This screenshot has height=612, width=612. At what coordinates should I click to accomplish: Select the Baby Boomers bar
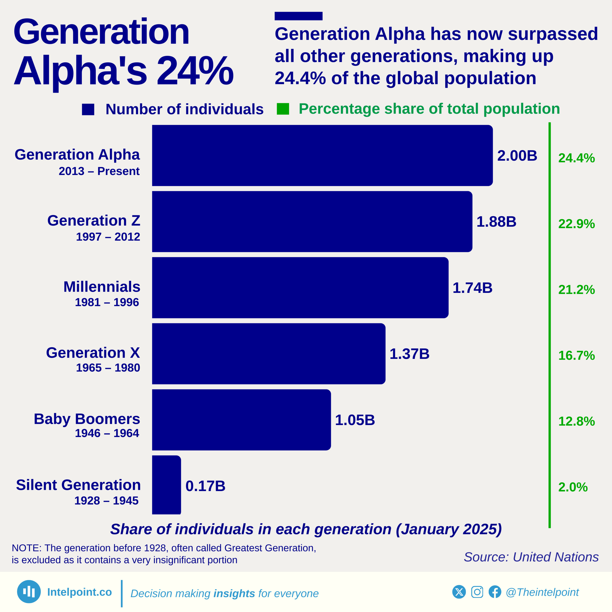(241, 420)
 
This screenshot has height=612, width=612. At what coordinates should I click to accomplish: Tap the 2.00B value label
(517, 156)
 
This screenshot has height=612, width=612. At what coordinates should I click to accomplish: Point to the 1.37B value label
(409, 354)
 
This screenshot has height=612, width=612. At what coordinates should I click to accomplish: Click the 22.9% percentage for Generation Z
(576, 224)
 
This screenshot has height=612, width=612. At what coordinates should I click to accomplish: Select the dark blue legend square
(88, 109)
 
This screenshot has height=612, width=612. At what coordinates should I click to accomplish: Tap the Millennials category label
(102, 287)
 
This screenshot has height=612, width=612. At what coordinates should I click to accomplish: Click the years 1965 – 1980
(108, 368)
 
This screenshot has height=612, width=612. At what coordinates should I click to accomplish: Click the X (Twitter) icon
(459, 592)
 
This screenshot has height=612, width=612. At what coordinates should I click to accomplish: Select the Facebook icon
(495, 592)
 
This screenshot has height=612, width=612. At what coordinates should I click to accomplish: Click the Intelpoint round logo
(29, 591)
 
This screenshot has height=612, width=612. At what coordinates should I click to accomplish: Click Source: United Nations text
(531, 557)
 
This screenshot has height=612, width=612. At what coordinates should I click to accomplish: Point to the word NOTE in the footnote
(26, 548)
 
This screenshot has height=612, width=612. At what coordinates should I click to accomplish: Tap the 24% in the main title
(195, 70)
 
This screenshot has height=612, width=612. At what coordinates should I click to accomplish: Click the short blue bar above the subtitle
(298, 16)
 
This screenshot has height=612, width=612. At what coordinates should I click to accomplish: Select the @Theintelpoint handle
(542, 592)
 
